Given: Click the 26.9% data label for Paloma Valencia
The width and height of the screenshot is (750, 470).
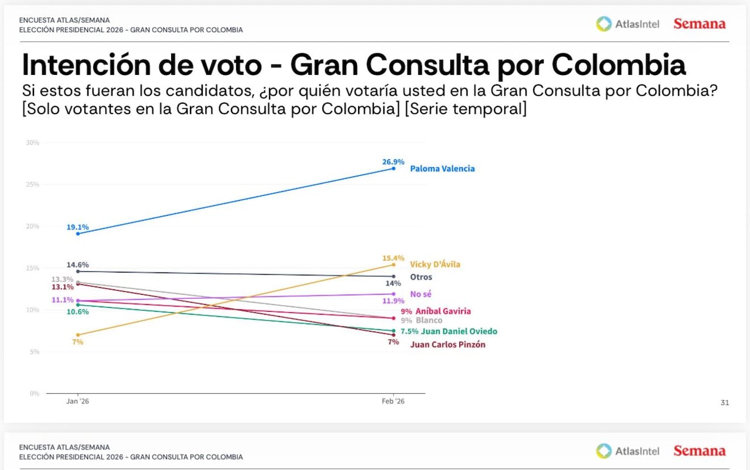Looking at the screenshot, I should tap(393, 161).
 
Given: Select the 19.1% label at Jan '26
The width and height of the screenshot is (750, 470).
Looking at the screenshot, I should tap(78, 226).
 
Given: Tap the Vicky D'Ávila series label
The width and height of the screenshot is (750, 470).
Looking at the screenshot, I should tap(435, 264).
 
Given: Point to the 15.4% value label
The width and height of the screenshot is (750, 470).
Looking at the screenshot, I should tap(393, 258).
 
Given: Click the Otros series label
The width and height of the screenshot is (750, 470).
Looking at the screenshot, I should tap(421, 277).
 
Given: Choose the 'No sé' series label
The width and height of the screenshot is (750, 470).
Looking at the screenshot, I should tap(421, 294).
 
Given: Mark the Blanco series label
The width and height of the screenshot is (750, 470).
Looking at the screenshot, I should tap(429, 321).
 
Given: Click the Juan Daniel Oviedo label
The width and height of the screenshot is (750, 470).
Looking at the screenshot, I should tap(459, 331).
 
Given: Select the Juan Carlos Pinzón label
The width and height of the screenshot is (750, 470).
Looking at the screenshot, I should tap(448, 345).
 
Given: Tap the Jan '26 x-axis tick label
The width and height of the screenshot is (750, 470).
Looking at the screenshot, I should tap(78, 401).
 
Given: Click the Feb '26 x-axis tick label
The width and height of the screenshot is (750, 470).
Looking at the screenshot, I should tap(393, 401).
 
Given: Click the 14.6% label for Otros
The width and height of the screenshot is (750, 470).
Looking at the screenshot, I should tap(78, 264).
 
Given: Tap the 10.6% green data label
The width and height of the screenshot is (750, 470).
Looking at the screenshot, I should tap(78, 312).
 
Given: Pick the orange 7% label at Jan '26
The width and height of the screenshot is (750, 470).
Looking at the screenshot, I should tap(78, 342).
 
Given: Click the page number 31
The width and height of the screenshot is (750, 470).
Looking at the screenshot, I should tap(725, 403).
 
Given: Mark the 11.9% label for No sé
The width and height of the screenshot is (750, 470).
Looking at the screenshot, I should tap(393, 301).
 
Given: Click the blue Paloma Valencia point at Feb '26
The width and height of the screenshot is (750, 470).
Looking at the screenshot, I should tap(393, 168).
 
